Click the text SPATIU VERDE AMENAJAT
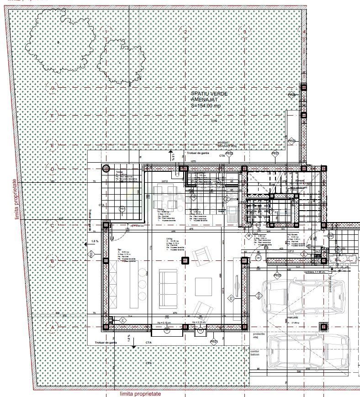tap(209, 99)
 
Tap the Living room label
tap(169, 238)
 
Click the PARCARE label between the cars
tap(293, 318)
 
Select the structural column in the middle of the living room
tap(185, 261)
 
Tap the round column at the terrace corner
tap(106, 168)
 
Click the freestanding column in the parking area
tap(324, 326)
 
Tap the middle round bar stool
tap(143, 273)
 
